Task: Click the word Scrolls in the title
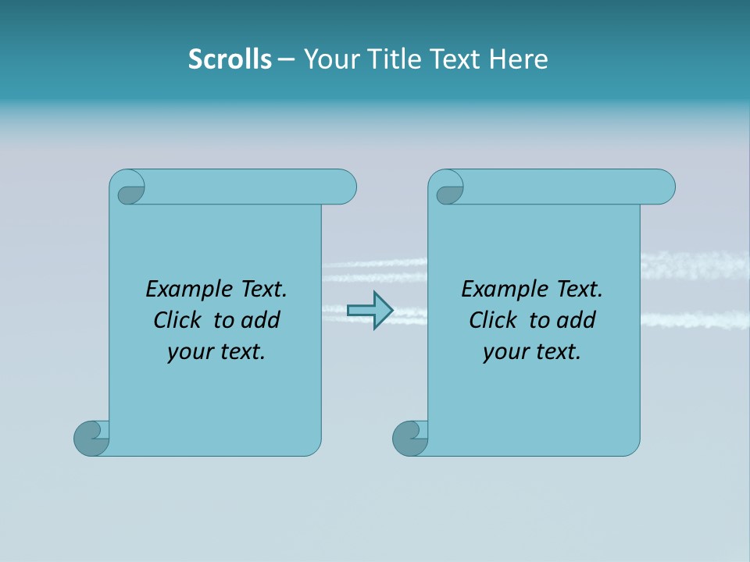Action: tap(230, 59)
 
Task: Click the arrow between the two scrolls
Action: tap(370, 311)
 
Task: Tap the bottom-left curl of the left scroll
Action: tap(91, 438)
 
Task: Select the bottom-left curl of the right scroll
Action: tap(410, 438)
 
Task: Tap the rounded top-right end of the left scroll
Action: tap(344, 187)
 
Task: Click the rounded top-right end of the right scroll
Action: tap(662, 187)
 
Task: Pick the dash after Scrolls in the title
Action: tap(286, 60)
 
